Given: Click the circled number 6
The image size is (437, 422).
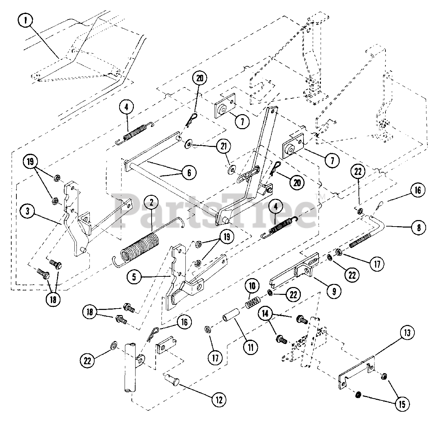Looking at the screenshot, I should click(x=189, y=173).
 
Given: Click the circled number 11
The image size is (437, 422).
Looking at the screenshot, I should click(x=251, y=347).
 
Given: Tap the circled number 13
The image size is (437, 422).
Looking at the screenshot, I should click(x=409, y=332).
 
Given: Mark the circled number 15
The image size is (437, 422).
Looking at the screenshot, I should click(x=402, y=404).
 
